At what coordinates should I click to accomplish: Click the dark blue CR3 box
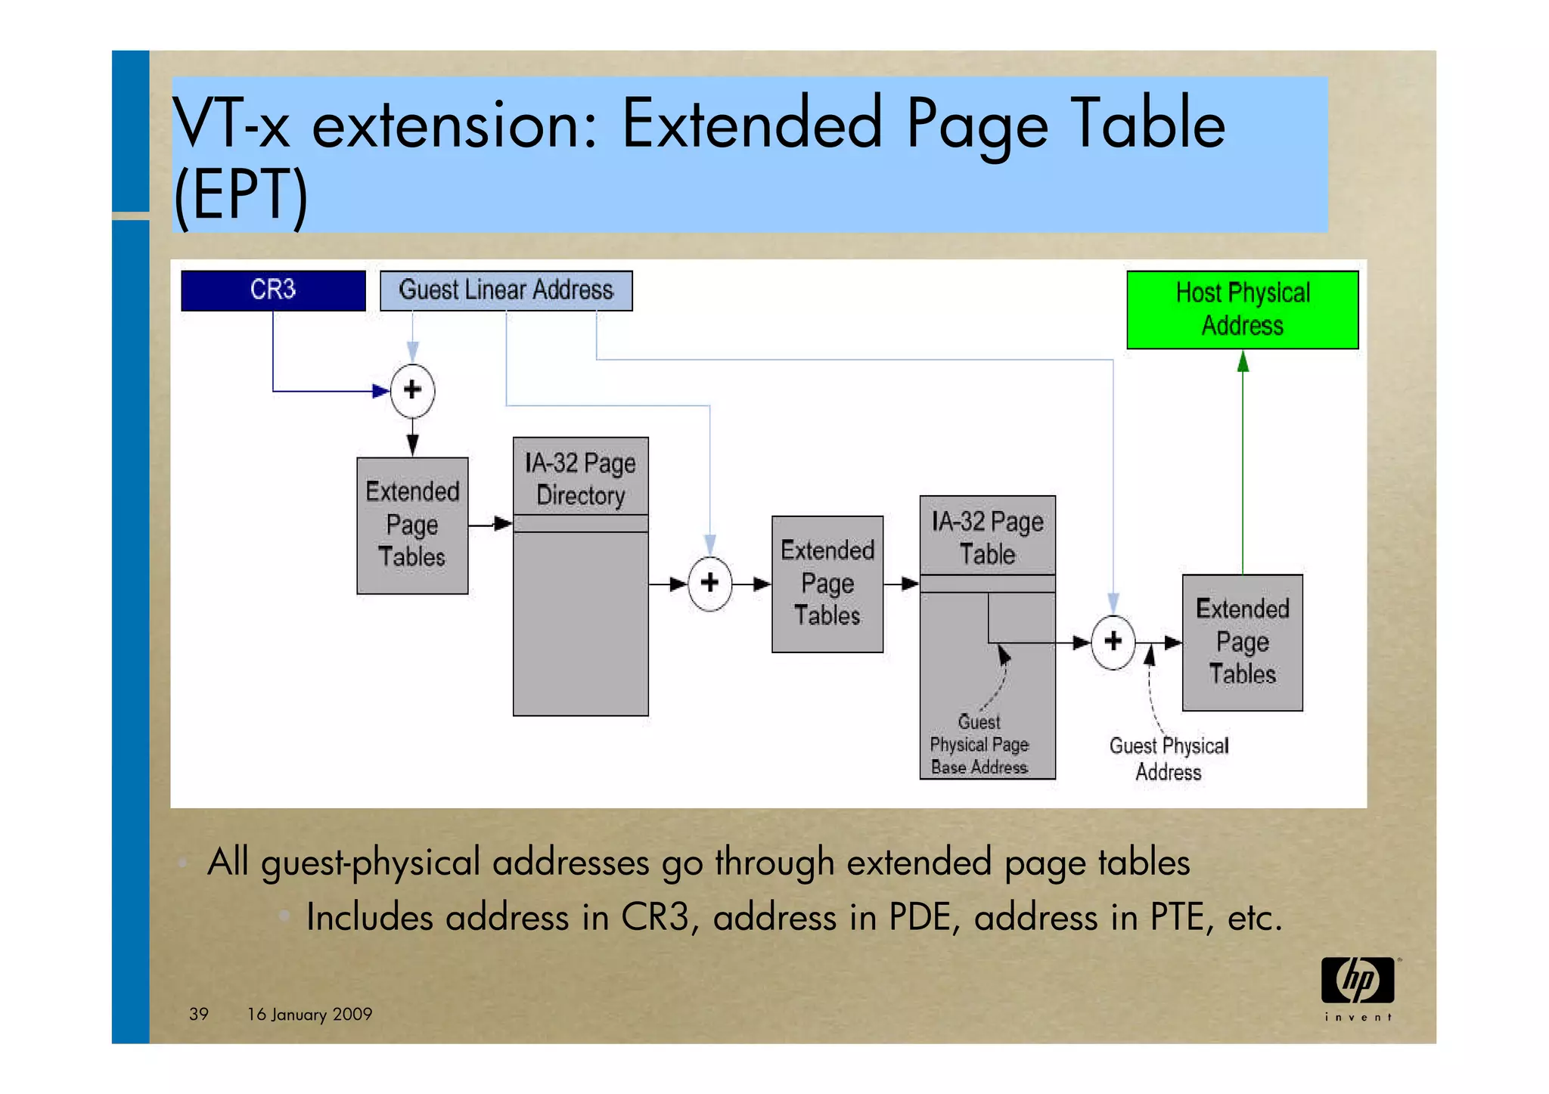[x=273, y=290]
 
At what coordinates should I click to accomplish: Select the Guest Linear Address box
[x=506, y=290]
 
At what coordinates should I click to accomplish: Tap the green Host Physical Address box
[x=1242, y=309]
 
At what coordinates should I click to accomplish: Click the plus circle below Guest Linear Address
[x=412, y=390]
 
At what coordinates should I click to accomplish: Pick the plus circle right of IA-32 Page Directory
[x=709, y=583]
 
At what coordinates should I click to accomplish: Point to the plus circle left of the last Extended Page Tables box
[x=1113, y=642]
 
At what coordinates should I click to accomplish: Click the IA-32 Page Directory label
[x=580, y=479]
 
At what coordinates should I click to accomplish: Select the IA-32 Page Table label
[x=987, y=538]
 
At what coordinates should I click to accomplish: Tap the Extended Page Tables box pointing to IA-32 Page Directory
[x=412, y=525]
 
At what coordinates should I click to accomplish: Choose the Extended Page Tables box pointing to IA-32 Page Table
[x=827, y=584]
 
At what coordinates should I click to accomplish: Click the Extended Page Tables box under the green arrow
[x=1242, y=642]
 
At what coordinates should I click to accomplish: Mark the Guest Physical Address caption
[x=1169, y=758]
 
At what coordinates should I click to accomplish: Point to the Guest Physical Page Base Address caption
[x=979, y=745]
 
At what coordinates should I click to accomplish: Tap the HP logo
[x=1358, y=981]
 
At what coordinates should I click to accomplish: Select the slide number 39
[x=199, y=1014]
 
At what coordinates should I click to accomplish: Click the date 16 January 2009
[x=309, y=1014]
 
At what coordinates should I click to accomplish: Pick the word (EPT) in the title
[x=241, y=195]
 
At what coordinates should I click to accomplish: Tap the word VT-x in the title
[x=231, y=124]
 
